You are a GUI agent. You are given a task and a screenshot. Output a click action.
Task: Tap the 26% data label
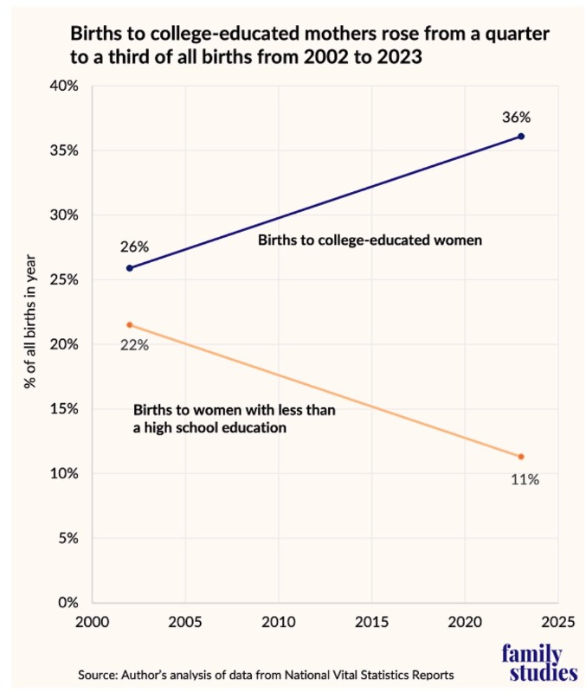135,247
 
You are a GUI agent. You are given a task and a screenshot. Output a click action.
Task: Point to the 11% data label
524,478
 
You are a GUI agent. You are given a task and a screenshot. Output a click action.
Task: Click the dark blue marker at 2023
521,137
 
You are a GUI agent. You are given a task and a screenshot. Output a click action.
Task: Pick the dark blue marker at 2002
130,267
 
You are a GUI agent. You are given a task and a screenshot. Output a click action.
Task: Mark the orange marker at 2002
130,324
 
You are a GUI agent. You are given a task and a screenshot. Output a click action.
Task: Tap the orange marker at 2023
521,457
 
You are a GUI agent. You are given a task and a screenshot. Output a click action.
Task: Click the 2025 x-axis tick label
557,623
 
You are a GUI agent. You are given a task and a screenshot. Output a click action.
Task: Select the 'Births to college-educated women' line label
370,240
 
